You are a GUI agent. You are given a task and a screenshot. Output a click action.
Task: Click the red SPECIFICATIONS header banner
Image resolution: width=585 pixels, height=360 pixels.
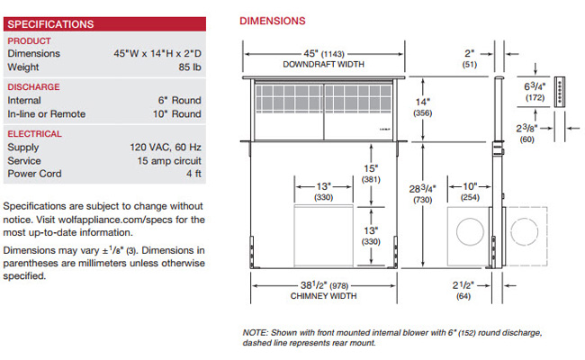pos(104,24)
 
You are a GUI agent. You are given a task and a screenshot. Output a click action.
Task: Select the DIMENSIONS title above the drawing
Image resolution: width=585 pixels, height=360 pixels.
pos(273,21)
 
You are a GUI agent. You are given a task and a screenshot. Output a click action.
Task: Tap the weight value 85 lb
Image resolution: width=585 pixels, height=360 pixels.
pos(190,67)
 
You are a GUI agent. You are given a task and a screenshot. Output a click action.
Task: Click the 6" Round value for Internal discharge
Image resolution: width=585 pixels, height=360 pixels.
pos(179,101)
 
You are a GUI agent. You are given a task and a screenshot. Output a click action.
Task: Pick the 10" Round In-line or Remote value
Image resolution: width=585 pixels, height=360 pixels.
pos(176,113)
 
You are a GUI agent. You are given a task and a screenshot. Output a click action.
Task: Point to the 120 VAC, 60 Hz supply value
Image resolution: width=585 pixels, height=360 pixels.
pos(166,148)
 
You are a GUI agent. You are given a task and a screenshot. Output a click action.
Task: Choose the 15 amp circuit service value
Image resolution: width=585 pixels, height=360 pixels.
pos(169,161)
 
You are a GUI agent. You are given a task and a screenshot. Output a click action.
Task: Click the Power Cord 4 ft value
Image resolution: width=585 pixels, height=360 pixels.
pos(193,174)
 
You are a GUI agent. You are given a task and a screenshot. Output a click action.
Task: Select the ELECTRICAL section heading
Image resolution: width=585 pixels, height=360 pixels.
pos(35,134)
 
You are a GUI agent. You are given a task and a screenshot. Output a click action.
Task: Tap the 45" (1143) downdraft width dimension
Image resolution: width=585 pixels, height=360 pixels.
pos(323,54)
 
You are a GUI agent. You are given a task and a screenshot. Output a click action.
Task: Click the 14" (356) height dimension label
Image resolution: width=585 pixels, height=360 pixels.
pos(423,107)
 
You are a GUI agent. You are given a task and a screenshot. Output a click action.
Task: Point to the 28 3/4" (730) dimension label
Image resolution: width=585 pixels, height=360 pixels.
pos(422,194)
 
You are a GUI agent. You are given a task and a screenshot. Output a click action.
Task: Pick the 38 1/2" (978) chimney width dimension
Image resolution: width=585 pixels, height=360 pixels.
pos(324,286)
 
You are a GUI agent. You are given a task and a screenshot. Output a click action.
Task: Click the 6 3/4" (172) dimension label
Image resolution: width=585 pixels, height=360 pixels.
pos(535,92)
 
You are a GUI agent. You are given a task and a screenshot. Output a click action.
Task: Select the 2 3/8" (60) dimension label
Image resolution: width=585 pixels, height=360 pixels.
pos(526,133)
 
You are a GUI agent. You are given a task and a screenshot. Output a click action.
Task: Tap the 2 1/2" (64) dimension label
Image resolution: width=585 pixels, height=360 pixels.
pos(463,291)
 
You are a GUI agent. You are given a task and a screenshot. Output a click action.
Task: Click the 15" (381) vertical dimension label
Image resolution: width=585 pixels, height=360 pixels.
pos(371,174)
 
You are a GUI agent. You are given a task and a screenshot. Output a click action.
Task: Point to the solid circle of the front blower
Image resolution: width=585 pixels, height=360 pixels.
pos(470,231)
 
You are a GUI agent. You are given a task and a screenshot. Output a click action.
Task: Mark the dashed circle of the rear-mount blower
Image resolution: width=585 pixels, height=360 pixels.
pos(525,231)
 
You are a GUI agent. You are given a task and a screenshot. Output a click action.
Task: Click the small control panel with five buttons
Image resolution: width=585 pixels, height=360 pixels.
pos(559,92)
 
